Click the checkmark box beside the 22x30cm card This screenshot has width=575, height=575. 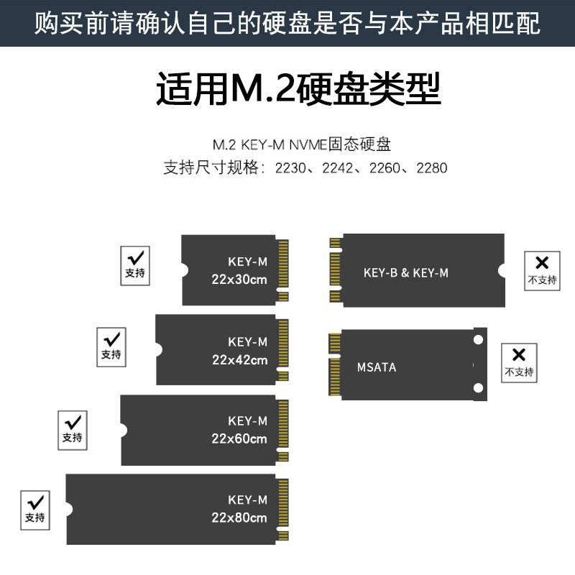tap(134, 264)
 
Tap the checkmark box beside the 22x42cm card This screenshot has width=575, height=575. tap(111, 346)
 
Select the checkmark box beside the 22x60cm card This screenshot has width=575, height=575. tap(72, 429)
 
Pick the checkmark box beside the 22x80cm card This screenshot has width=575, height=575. tap(34, 509)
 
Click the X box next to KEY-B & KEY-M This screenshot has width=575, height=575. tap(542, 271)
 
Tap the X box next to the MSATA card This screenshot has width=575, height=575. tap(519, 363)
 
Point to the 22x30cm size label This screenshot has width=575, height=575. tap(239, 279)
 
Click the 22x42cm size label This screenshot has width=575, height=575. tap(239, 359)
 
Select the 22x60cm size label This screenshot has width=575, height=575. tap(239, 438)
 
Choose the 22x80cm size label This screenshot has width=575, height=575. tap(239, 517)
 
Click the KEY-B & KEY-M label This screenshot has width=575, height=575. tap(406, 272)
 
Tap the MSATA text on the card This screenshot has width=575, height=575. tap(377, 367)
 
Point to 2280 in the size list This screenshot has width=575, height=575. tap(432, 168)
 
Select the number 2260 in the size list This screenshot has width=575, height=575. tap(385, 168)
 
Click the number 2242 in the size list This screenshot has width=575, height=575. tap(337, 168)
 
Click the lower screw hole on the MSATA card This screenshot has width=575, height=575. tap(477, 388)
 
